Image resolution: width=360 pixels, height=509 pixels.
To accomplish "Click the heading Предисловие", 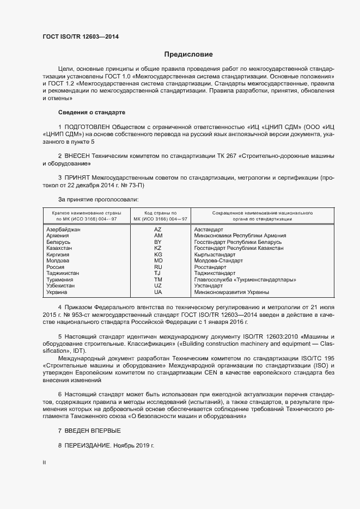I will [188, 54].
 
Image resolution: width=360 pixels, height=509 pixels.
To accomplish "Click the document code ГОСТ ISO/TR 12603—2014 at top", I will [81, 36].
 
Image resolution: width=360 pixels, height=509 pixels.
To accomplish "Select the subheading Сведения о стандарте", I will [91, 112].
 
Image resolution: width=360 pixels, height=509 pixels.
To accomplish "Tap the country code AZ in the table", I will [158, 230].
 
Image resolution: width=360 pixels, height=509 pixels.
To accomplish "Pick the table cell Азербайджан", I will [64, 230].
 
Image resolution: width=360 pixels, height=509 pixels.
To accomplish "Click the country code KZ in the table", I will [158, 248].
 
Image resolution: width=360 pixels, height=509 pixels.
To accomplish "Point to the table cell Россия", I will [56, 267].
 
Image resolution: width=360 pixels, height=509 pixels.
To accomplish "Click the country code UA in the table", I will [158, 292].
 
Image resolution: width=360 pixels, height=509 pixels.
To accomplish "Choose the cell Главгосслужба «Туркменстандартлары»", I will [245, 280].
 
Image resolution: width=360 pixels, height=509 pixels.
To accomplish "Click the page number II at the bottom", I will [44, 463].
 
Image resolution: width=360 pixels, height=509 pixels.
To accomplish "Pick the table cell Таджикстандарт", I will [215, 273].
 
